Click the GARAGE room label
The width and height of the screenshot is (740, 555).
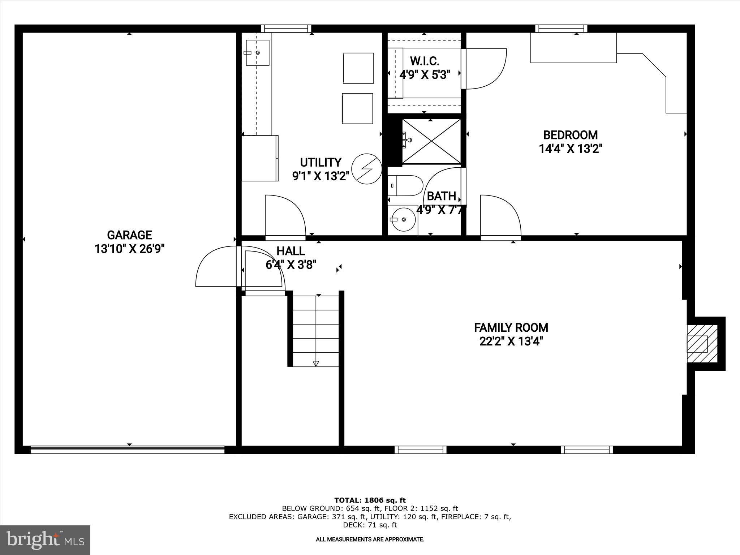click(x=129, y=235)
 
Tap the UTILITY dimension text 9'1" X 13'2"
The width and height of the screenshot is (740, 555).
click(x=320, y=176)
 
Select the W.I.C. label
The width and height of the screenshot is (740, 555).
click(x=425, y=61)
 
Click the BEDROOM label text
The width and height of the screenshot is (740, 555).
click(x=571, y=135)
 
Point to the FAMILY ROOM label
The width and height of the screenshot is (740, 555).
click(x=511, y=328)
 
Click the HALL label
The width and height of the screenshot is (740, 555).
click(x=291, y=251)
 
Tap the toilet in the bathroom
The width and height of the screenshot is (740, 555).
click(x=405, y=186)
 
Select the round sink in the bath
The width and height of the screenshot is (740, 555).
click(x=403, y=219)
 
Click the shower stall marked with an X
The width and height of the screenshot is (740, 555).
click(x=431, y=141)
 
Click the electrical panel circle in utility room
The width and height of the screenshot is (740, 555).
click(x=367, y=168)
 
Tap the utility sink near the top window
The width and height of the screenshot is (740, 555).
click(x=258, y=53)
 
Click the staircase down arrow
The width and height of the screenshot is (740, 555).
click(x=316, y=363)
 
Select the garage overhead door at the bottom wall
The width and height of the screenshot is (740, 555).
click(x=127, y=449)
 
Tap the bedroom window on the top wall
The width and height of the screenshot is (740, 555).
click(x=561, y=29)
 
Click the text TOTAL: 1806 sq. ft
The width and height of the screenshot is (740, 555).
click(x=370, y=500)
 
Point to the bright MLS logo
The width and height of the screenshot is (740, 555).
click(x=45, y=540)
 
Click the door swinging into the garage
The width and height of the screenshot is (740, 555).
click(x=216, y=267)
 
